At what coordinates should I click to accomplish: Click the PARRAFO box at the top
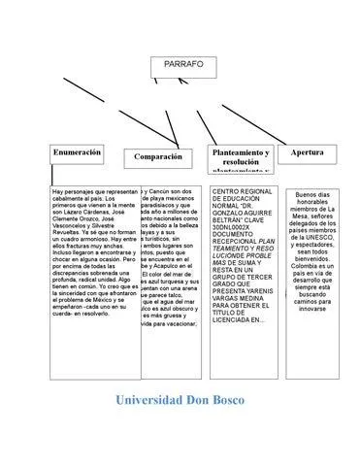[183, 64]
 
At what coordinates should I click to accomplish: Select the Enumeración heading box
[77, 153]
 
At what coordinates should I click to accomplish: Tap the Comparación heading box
[158, 156]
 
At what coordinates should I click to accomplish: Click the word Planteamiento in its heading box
[240, 153]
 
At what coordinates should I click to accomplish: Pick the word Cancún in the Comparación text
[161, 192]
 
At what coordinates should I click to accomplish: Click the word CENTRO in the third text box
[227, 192]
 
